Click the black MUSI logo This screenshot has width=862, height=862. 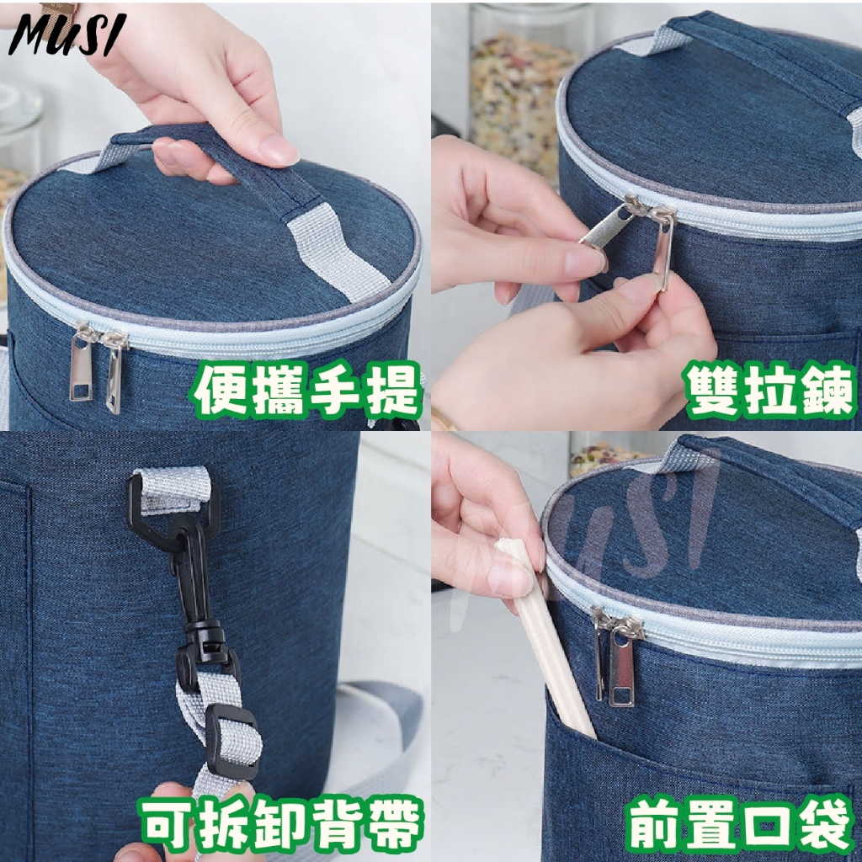point(67,34)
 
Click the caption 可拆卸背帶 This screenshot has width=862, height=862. point(281,825)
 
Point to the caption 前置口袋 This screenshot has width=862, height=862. point(738,825)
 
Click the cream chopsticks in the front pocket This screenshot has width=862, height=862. point(545,638)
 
